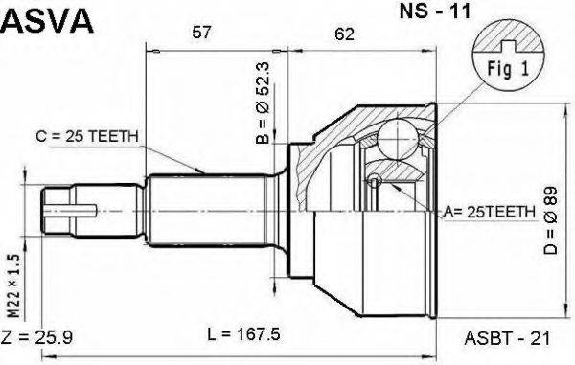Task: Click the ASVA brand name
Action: pos(48,20)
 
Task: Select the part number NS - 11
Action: pos(435,11)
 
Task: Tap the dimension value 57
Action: pos(201,33)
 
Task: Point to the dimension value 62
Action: pos(344,34)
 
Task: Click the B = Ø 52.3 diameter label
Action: pos(263,103)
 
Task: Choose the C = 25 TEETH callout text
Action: pos(87,137)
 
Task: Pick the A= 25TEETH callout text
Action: pos(490,212)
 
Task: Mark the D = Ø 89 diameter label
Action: pos(550,220)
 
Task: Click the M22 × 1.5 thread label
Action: pos(13,285)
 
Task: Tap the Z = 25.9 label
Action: pos(37,337)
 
